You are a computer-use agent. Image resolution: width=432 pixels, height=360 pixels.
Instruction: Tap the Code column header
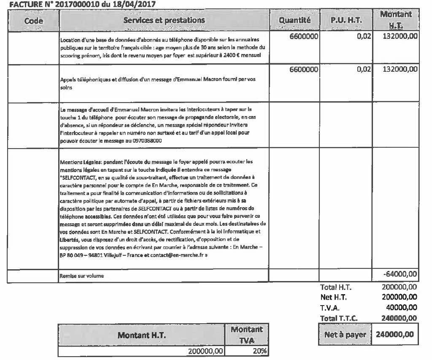[x=34, y=20]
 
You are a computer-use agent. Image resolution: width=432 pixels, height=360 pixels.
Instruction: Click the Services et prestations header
[x=164, y=20]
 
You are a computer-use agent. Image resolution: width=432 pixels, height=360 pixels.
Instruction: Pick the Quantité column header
[x=294, y=20]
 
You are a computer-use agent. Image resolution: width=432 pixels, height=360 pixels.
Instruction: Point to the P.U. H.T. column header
[x=346, y=20]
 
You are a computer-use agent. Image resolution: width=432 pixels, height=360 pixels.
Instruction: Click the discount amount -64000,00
[x=400, y=275]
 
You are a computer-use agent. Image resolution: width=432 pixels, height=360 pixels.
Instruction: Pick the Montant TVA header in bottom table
[x=247, y=335]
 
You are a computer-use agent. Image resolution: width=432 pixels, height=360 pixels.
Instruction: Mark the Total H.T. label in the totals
[x=336, y=287]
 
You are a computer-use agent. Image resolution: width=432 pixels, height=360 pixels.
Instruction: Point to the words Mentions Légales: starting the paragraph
[x=80, y=162]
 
